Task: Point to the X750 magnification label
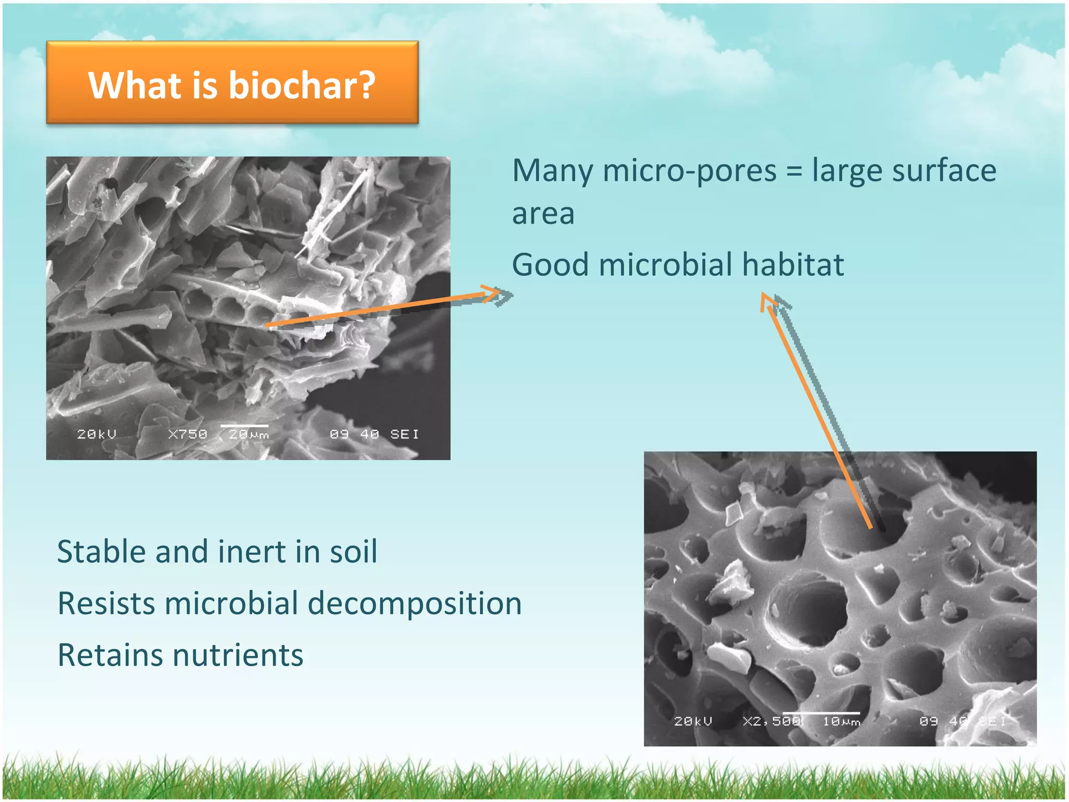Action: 187,434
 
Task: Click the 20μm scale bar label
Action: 249,434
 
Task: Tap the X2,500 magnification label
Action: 771,721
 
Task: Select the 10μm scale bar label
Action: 841,722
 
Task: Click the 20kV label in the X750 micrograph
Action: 96,434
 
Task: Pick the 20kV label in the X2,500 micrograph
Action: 693,721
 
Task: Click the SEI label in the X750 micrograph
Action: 404,434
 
